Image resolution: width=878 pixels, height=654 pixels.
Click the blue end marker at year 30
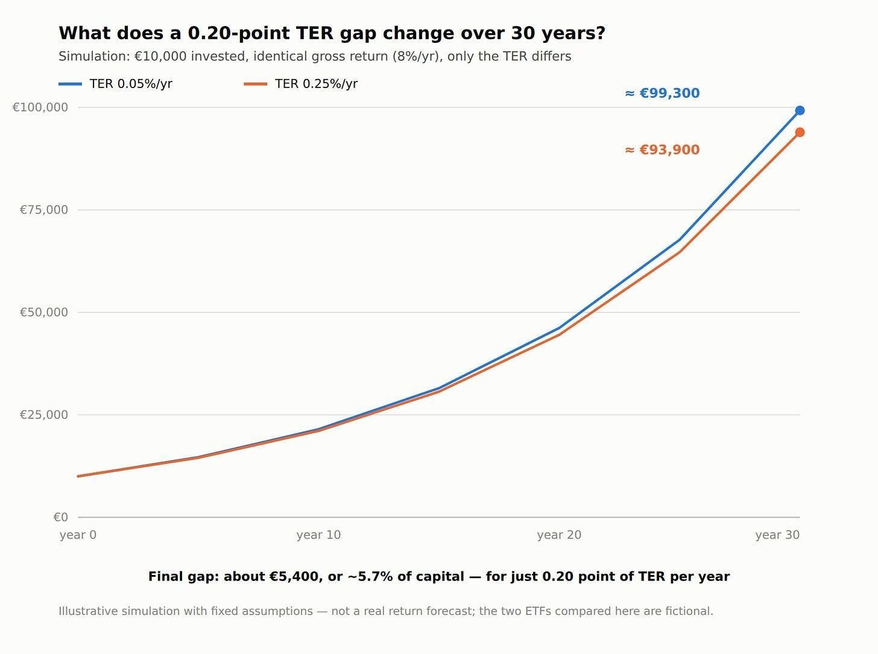(x=800, y=110)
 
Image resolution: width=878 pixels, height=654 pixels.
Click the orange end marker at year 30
(x=800, y=132)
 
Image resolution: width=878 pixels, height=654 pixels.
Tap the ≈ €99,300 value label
(x=662, y=94)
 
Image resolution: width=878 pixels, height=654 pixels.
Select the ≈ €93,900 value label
(x=662, y=150)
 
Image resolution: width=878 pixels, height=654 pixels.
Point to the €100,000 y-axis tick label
(x=40, y=107)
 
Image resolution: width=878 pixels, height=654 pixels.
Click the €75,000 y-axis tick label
(x=44, y=210)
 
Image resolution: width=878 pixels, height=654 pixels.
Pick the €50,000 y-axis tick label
(x=44, y=313)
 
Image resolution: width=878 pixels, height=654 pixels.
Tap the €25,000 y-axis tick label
(x=44, y=414)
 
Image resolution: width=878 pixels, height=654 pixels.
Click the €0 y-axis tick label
(x=60, y=517)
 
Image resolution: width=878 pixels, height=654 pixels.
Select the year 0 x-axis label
(x=78, y=535)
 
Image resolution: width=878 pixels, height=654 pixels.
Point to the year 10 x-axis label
(x=318, y=535)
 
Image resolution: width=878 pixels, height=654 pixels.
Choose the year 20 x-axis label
(x=560, y=535)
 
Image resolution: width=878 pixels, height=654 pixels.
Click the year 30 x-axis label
(x=777, y=535)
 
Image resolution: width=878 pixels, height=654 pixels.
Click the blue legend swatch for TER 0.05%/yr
(x=71, y=84)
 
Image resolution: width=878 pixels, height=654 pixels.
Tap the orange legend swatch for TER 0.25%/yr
(x=256, y=84)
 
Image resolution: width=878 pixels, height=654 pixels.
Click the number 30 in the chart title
(x=523, y=33)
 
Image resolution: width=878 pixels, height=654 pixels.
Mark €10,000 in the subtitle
(x=160, y=56)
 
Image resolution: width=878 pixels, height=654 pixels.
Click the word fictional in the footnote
(x=689, y=611)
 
